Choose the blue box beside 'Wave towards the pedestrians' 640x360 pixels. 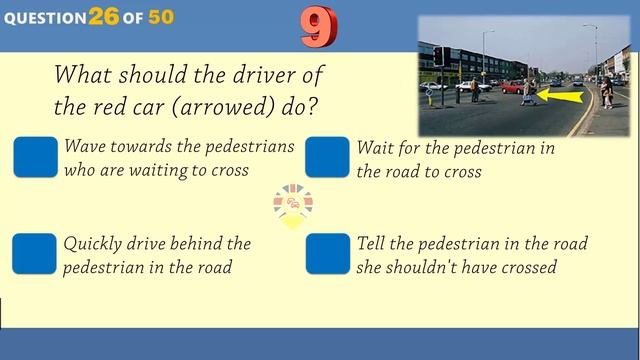click(36, 157)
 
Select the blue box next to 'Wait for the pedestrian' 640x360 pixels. click(327, 157)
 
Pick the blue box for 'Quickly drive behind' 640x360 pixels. click(35, 254)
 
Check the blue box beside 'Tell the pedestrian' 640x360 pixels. click(327, 254)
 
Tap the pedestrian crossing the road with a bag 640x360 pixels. click(529, 93)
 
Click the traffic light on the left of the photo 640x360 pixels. click(437, 57)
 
